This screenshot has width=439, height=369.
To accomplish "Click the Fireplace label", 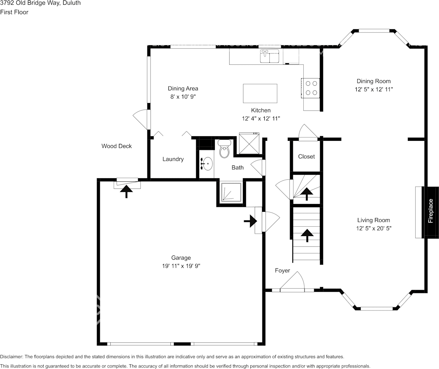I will [x=431, y=211].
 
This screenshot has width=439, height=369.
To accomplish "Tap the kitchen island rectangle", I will [x=260, y=93].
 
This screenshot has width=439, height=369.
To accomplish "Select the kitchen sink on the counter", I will [x=270, y=56].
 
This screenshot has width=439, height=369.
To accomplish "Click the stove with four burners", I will [x=310, y=88].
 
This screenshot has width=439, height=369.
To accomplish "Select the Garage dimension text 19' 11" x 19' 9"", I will [x=181, y=266].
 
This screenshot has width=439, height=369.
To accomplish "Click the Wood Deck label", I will [x=117, y=146].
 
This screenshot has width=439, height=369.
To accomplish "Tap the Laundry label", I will [x=173, y=159].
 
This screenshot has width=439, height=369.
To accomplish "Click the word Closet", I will [x=306, y=156].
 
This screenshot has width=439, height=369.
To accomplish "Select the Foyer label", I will [x=282, y=270].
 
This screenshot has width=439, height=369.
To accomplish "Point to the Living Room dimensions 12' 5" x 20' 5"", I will [x=374, y=228].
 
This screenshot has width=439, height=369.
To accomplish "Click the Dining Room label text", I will [x=374, y=81].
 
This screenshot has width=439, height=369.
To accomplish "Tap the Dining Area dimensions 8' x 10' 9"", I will [x=183, y=96].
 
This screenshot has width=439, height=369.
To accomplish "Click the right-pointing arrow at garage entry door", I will [x=250, y=222].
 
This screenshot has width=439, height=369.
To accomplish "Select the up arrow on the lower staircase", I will [x=307, y=235].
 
